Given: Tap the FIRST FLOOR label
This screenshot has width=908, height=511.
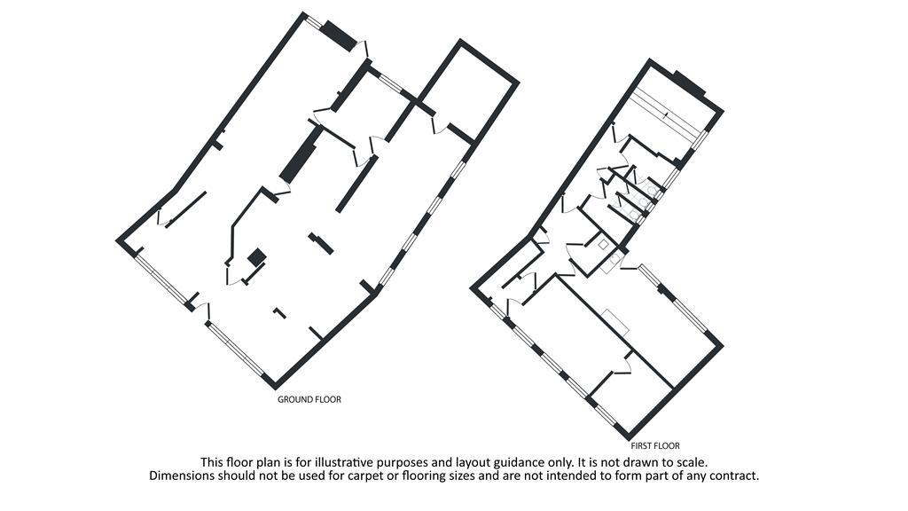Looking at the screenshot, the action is click(655, 446).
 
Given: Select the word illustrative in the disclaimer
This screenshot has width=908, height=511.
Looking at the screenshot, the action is click(343, 462).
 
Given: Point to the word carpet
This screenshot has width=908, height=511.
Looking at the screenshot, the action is click(402, 476).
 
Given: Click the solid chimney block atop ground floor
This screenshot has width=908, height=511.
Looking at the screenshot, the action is click(339, 35).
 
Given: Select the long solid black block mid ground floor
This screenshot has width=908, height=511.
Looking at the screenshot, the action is click(301, 154).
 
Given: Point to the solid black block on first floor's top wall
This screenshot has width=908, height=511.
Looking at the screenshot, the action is click(689, 83).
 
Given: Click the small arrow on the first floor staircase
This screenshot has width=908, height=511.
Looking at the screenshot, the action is click(667, 114).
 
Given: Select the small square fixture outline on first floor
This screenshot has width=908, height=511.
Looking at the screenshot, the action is click(603, 245).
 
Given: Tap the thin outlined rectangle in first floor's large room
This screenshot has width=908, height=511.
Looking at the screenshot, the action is click(615, 321).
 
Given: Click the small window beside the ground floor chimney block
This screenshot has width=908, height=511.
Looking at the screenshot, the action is click(313, 21).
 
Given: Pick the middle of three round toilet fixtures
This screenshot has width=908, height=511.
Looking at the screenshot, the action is click(643, 201).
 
